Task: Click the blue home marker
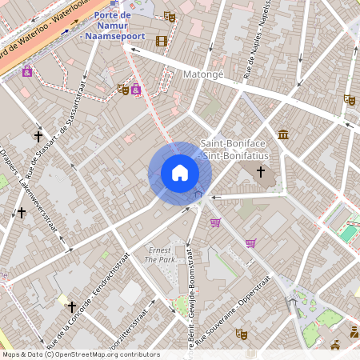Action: click(x=180, y=172)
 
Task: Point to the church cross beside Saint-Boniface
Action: click(x=260, y=171)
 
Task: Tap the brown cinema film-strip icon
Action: click(x=162, y=42)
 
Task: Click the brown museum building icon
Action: click(x=283, y=134)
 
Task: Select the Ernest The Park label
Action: click(x=159, y=255)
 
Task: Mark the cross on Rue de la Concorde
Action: click(x=71, y=306)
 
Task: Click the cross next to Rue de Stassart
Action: click(x=38, y=137)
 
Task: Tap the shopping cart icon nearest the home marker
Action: click(x=214, y=222)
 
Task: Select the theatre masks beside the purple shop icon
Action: click(x=122, y=89)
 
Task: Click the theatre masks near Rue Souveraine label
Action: click(x=242, y=334)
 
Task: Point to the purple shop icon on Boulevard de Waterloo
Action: click(x=27, y=71)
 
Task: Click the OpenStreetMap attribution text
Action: click(x=80, y=354)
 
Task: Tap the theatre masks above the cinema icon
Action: click(x=169, y=16)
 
